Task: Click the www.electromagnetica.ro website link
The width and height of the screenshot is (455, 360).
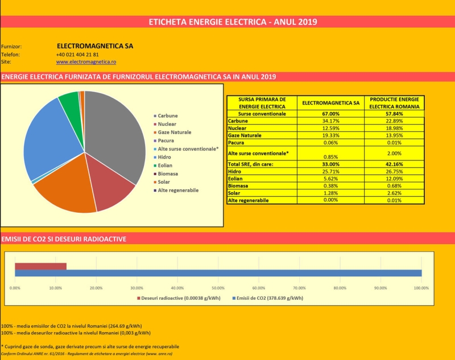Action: coord(86,62)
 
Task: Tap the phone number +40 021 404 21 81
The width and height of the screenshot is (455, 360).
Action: coord(77,55)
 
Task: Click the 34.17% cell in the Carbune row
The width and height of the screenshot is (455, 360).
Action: coord(330,121)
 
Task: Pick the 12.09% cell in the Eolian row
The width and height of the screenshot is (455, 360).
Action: coord(394,179)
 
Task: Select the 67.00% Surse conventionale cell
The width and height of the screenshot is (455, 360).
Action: coord(330,114)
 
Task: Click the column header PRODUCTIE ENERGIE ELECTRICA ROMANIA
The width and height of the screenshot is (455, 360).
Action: coord(394,103)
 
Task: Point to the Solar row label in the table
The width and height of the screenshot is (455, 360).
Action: coord(234,193)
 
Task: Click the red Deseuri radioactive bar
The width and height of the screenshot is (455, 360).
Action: coord(40,266)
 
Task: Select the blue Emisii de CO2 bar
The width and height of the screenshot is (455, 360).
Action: coord(218,273)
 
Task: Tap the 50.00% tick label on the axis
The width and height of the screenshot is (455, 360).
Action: coord(218,288)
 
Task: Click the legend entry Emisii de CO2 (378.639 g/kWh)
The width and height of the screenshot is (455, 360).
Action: coord(268,298)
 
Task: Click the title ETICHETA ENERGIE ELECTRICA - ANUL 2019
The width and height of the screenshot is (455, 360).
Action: coord(233,22)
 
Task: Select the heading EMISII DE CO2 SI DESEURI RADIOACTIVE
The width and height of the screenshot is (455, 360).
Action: coord(64,239)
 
